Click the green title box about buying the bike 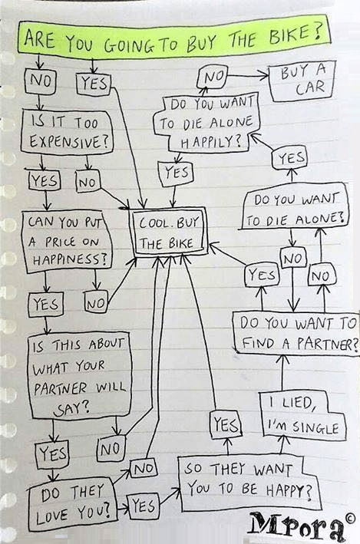[173, 36]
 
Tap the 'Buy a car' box [302, 81]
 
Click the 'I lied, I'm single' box [303, 416]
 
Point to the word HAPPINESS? [70, 259]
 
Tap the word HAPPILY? [211, 142]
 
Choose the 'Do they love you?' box [72, 504]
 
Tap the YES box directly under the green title [93, 84]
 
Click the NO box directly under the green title [40, 81]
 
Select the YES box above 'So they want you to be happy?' [226, 424]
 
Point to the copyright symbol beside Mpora [350, 519]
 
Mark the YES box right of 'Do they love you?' [144, 507]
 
